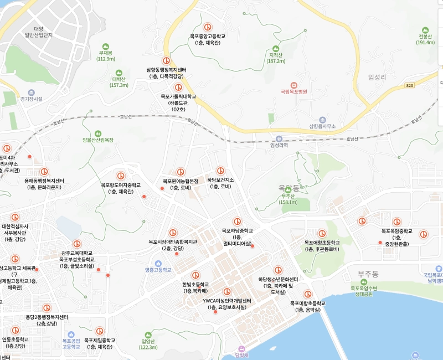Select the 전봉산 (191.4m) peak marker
tap(425, 29)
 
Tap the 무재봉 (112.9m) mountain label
tap(106, 55)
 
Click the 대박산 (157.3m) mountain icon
tap(119, 73)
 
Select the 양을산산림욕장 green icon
tap(98, 133)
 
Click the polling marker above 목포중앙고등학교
tap(208, 27)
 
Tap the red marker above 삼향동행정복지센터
tap(166, 61)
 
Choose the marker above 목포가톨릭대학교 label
tap(178, 88)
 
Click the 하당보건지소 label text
tap(220, 180)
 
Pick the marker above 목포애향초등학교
tap(322, 234)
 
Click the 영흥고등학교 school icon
tap(158, 263)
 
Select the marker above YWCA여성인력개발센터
tap(226, 292)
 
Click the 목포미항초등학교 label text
tap(307, 304)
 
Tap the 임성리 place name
tap(377, 78)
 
